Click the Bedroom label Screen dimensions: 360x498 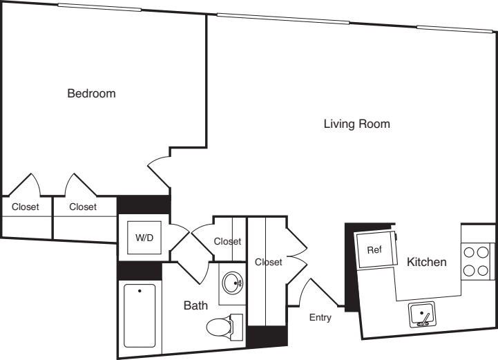[x=91, y=93]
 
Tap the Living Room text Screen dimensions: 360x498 [x=357, y=124]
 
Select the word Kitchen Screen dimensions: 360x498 [x=426, y=262]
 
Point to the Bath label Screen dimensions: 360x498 [x=196, y=305]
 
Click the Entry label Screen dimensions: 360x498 [x=320, y=318]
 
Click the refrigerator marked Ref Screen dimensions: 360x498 [x=374, y=249]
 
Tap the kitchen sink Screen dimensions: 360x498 [x=421, y=315]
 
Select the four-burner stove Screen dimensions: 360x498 [x=476, y=261]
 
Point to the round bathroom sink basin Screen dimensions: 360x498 [x=233, y=283]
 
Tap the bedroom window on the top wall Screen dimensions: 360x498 [x=99, y=8]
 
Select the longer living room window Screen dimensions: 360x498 [x=282, y=17]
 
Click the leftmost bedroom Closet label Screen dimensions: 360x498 [x=26, y=207]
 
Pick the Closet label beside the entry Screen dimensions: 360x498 [x=269, y=263]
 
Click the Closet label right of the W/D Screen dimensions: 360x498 [x=227, y=241]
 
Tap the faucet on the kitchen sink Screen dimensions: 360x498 [x=425, y=319]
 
